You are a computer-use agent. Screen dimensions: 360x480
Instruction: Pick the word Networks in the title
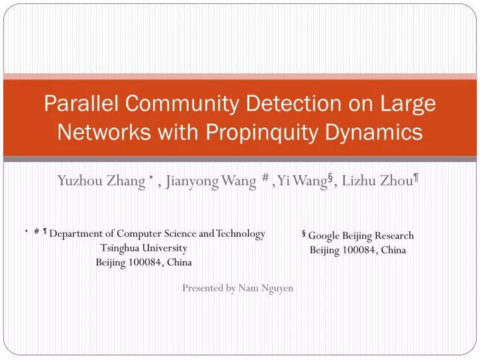(97, 133)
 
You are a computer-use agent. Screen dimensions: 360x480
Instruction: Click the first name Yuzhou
(79, 180)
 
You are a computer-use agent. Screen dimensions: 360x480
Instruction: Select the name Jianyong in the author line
(192, 180)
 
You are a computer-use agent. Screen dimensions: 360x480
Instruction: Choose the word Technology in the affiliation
(240, 233)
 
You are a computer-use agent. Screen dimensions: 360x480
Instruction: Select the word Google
(324, 235)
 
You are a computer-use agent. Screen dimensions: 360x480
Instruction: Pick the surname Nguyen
(277, 288)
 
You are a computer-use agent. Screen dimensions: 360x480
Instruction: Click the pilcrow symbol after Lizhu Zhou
(416, 177)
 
